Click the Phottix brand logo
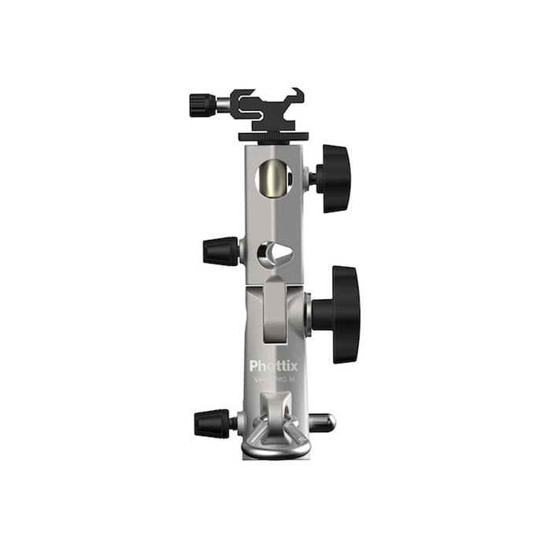(x=273, y=366)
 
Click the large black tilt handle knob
(x=345, y=314)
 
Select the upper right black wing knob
(x=335, y=178)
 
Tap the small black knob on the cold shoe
(x=202, y=103)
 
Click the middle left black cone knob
(x=220, y=251)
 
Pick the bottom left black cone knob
(x=213, y=423)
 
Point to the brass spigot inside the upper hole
(x=273, y=178)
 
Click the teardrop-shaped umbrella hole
(x=275, y=253)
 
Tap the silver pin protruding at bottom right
(x=322, y=423)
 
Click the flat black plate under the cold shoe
(x=273, y=136)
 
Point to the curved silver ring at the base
(x=275, y=450)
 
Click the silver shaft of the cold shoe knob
(x=224, y=103)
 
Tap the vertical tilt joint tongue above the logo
(x=273, y=311)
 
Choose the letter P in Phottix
(x=254, y=366)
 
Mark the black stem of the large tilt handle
(x=320, y=314)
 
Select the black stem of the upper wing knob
(x=313, y=178)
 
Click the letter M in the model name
(x=292, y=379)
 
